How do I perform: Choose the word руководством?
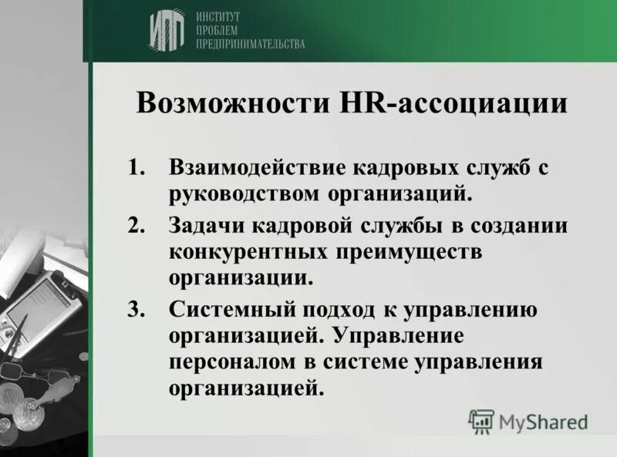pyautogui.click(x=243, y=193)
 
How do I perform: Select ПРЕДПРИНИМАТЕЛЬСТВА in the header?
pyautogui.click(x=251, y=45)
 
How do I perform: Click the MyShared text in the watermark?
pyautogui.click(x=543, y=422)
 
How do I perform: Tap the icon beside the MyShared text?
pyautogui.click(x=481, y=421)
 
